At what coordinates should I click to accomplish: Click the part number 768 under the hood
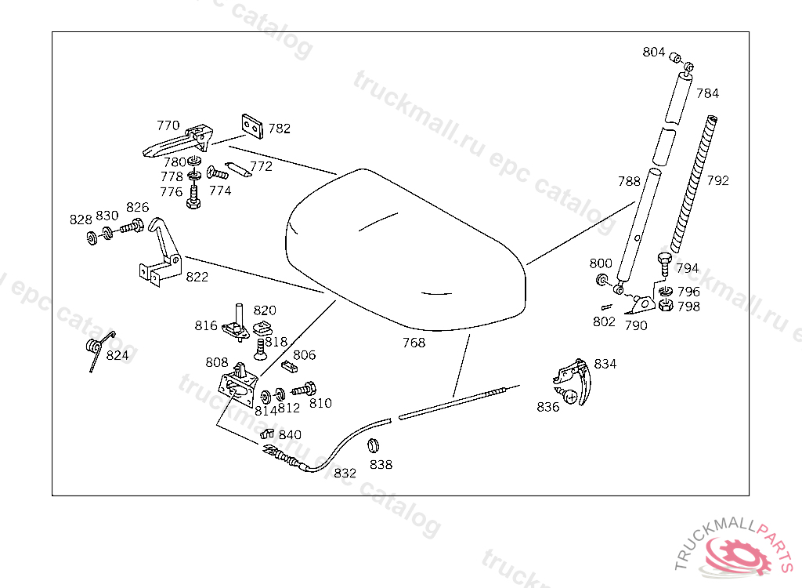pos(414,343)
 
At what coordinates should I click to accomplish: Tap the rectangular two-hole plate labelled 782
pos(252,126)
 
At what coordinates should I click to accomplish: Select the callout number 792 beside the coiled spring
pos(717,181)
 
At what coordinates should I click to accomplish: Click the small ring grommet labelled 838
pos(373,445)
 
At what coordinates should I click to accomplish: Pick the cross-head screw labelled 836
pos(567,395)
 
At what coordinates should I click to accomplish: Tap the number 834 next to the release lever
pos(605,365)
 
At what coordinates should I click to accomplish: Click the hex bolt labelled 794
pos(664,263)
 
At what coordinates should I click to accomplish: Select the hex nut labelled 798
pos(665,306)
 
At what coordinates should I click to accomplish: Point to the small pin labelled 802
pos(607,307)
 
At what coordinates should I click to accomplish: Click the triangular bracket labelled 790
pos(641,304)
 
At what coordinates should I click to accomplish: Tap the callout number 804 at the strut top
pos(654,53)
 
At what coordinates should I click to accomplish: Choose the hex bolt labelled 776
pos(193,197)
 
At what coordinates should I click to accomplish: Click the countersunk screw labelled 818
pos(260,349)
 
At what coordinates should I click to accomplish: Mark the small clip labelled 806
pos(289,366)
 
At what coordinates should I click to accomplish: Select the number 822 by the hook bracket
pos(197,277)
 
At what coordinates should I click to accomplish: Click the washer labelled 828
pos(92,238)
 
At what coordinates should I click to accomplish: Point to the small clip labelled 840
pos(267,434)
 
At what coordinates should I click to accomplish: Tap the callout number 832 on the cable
pos(345,474)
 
